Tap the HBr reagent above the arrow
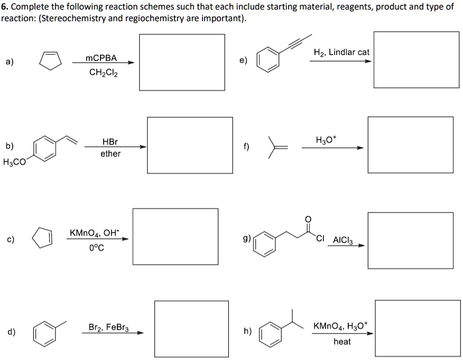pyautogui.click(x=110, y=142)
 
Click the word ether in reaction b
pyautogui.click(x=110, y=154)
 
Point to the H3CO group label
pyautogui.click(x=14, y=162)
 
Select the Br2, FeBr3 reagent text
pyautogui.click(x=112, y=327)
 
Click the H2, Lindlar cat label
pyautogui.click(x=341, y=52)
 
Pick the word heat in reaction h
pyautogui.click(x=342, y=341)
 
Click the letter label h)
pyautogui.click(x=247, y=332)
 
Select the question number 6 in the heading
pyautogui.click(x=5, y=7)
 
